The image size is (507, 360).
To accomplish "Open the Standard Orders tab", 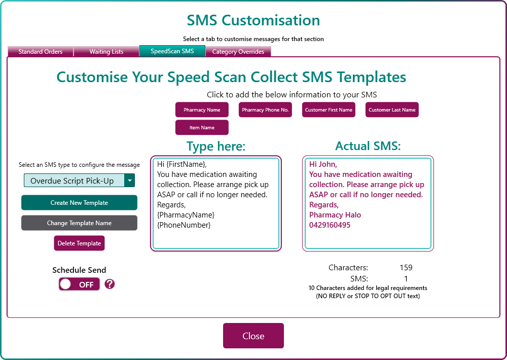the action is [41, 51].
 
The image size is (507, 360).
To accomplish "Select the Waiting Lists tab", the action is [106, 51].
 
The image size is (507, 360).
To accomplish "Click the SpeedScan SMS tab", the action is [172, 51].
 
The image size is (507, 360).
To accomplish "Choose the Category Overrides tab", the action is [238, 51].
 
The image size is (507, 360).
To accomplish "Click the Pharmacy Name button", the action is [202, 110].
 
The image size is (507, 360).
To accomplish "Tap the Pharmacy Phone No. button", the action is [265, 110].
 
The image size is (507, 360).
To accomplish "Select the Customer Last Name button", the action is [392, 110].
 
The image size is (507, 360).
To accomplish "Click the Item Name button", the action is [202, 127].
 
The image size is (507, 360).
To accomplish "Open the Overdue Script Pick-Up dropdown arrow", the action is [129, 181].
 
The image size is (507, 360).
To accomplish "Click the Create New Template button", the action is [79, 203].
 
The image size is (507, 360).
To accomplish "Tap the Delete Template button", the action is [79, 243].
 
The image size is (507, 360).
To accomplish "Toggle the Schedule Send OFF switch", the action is [79, 284].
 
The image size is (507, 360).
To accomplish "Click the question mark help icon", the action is [110, 284].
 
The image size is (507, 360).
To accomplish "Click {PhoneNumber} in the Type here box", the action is [184, 225].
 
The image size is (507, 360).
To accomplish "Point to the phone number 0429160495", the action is [330, 225].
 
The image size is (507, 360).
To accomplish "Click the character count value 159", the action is [406, 268].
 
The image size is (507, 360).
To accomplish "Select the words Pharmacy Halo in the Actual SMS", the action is [335, 215].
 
